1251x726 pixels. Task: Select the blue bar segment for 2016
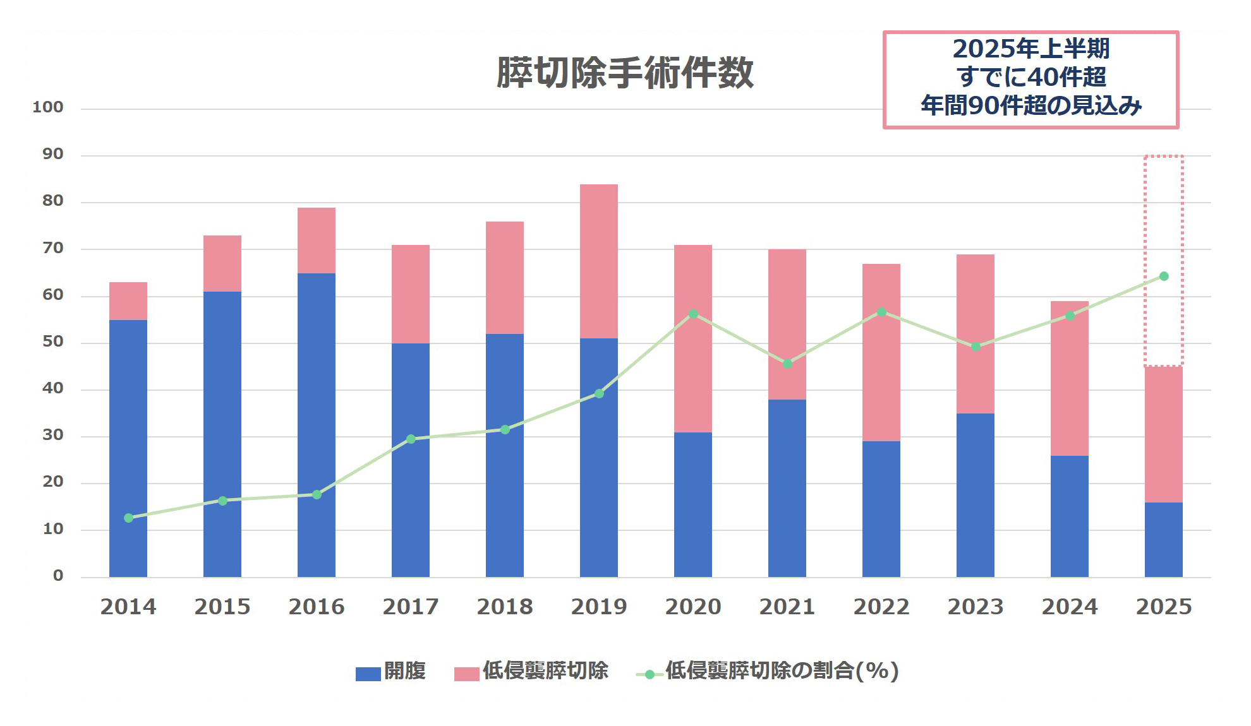click(316, 424)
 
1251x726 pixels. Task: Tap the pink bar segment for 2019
click(598, 261)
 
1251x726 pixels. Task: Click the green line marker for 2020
click(693, 314)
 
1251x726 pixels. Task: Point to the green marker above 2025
click(1164, 277)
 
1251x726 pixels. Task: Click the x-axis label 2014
click(128, 607)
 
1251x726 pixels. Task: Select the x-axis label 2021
click(787, 607)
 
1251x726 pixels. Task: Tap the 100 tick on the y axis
click(48, 107)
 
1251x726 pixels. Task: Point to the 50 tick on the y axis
click(53, 342)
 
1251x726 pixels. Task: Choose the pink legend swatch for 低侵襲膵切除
click(466, 674)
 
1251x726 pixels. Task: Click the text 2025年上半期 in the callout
click(1030, 49)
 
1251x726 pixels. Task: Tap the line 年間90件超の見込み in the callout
click(1030, 105)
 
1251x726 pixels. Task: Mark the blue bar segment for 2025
click(1163, 540)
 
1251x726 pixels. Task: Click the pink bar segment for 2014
click(128, 301)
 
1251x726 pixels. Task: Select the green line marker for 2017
click(411, 439)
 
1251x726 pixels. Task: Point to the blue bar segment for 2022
click(881, 509)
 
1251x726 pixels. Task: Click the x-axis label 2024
click(1069, 607)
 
